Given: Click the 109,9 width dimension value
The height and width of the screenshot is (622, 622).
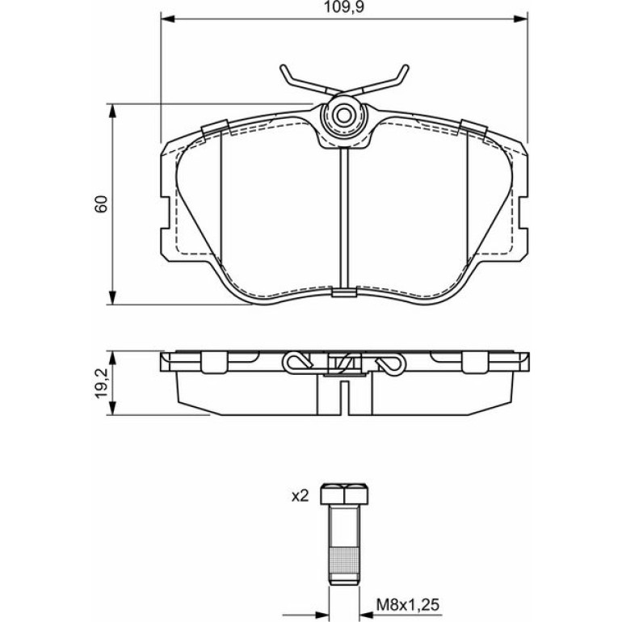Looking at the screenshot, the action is [x=344, y=7].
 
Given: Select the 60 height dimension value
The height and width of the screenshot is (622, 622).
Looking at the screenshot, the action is [x=102, y=204].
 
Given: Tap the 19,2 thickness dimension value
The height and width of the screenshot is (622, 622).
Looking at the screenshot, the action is [x=102, y=383].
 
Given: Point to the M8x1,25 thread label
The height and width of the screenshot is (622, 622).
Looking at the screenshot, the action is [x=408, y=605].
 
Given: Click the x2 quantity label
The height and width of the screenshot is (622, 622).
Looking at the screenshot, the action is [x=300, y=496].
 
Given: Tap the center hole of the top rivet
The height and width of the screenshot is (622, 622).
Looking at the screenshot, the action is [x=344, y=116].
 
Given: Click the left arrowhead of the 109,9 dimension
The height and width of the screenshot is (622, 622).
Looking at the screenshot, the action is [x=168, y=19].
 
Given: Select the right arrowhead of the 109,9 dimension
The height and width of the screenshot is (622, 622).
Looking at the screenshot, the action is [x=520, y=19].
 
